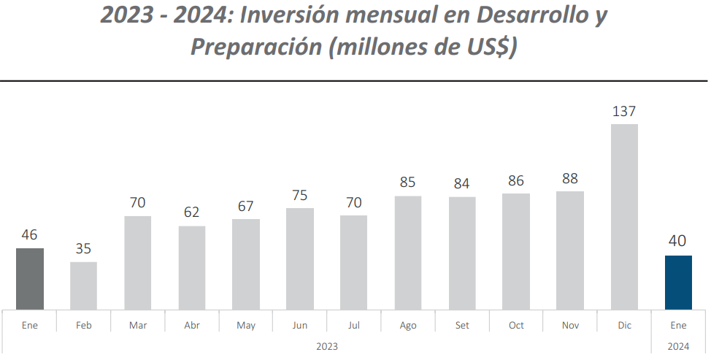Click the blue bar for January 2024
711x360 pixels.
(678, 283)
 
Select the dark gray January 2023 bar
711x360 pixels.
(30, 278)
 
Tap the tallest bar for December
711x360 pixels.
(624, 216)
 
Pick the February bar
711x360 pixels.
(83, 286)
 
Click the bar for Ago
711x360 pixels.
(408, 252)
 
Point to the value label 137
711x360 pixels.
(624, 112)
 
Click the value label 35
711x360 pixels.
(83, 249)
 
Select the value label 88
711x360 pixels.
(570, 179)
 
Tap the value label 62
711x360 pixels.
(192, 213)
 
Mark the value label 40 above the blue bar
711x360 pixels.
(678, 242)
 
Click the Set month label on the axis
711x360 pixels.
(462, 326)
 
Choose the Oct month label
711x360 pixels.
(516, 326)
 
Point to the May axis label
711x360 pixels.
(246, 326)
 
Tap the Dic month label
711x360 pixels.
(624, 326)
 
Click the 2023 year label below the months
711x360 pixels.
(327, 345)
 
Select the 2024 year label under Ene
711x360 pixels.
(678, 345)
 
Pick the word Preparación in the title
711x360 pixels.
(256, 47)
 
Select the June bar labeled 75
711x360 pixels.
(300, 258)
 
